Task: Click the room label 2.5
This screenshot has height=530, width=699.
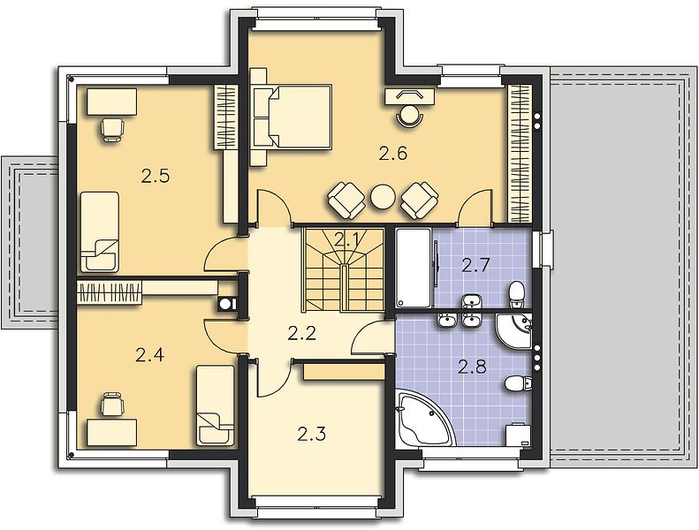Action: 156,177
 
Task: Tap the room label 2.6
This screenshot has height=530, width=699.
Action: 393,154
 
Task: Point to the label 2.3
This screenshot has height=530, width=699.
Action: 312,433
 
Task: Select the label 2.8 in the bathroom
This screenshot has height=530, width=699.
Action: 472,367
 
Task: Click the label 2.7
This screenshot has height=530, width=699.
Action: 475,266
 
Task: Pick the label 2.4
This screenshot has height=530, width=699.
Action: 150,355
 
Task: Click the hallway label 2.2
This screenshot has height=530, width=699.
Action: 302,333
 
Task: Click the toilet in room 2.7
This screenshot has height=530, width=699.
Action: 516,294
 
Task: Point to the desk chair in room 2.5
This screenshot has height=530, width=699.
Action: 112,129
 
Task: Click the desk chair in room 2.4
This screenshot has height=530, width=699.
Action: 111,404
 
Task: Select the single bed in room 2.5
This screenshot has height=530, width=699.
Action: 100,231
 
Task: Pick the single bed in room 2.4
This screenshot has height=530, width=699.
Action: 215,405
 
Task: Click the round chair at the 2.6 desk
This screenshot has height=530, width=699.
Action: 410,116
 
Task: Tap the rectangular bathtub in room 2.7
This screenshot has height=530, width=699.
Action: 414,268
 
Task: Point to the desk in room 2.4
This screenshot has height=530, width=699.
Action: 112,432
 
